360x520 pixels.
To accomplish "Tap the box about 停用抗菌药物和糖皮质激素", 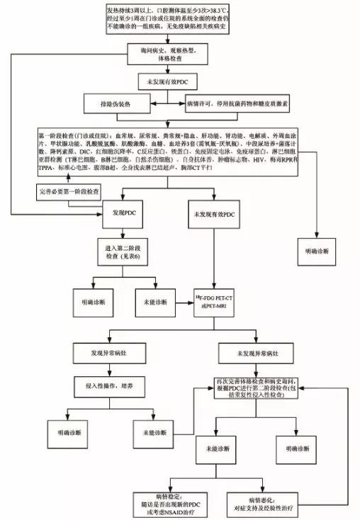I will pos(230,103).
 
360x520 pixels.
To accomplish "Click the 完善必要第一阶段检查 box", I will pos(68,191).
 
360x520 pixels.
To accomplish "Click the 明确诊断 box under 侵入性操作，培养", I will pos(54,432).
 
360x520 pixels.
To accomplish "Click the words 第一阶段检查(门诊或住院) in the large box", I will pos(75,133).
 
